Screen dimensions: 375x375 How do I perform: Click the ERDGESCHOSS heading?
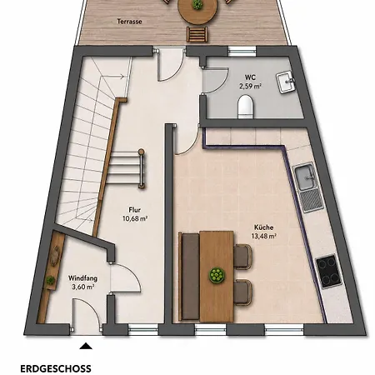pos(56,368)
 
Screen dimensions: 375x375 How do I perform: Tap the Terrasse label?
pos(129,22)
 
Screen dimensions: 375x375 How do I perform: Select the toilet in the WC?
pos(246,107)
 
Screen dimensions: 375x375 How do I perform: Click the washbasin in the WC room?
pos(285,82)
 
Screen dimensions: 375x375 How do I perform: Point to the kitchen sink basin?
pos(305,177)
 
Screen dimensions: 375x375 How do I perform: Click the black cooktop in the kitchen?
pos(329,272)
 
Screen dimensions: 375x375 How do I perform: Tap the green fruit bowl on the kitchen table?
pos(217,275)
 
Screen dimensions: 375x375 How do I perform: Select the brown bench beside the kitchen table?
pos(189,277)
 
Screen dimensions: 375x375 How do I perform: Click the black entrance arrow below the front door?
pos(86,346)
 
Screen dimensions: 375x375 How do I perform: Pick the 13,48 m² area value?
pos(263,236)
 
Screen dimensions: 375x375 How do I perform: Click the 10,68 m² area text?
pos(135,218)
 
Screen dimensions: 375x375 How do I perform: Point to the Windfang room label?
pos(82,278)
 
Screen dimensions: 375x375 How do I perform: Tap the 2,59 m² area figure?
pos(250,86)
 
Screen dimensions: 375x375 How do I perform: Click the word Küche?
pos(263,227)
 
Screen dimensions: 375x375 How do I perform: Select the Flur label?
pos(134,210)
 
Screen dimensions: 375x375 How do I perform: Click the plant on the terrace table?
pos(197,4)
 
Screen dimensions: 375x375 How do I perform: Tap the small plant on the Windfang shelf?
pos(51,280)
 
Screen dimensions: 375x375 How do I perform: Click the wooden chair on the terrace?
pos(197,34)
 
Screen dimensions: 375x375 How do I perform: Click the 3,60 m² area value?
pos(82,287)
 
